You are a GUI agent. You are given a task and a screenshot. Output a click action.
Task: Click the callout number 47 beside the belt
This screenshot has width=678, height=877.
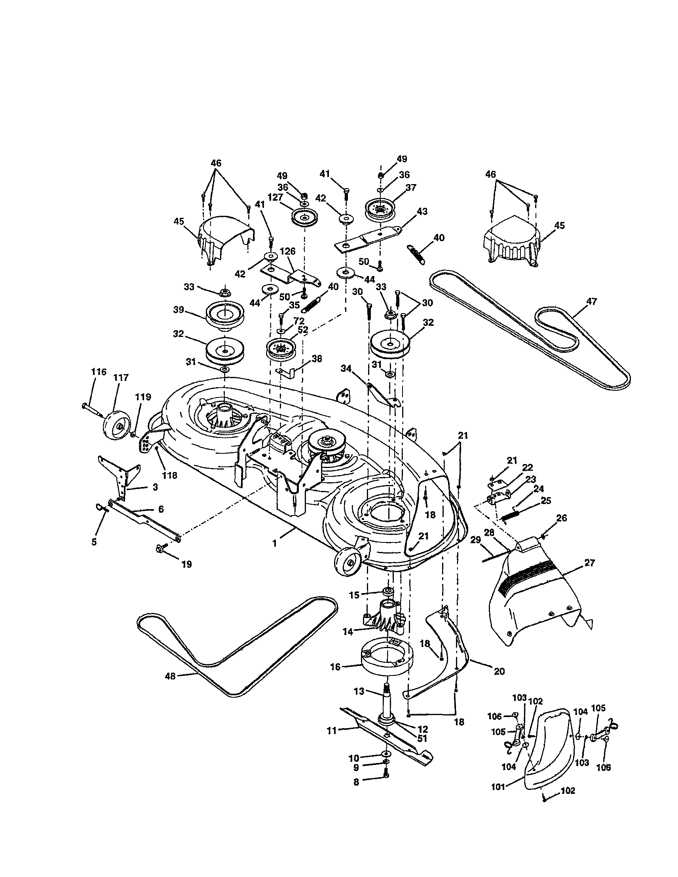point(592,301)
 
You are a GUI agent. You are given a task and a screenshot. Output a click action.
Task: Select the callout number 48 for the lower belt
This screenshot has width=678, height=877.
point(171,676)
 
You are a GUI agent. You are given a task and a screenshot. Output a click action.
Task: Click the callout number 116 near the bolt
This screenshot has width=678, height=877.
point(99,372)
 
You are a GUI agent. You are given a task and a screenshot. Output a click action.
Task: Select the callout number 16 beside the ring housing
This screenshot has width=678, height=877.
point(335,667)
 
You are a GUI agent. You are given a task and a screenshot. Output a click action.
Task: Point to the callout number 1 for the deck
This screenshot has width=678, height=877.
point(275,543)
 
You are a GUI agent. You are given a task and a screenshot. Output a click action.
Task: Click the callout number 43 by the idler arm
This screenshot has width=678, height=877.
point(422,211)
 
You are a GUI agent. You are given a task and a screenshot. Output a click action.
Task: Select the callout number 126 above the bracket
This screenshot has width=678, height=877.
point(287,251)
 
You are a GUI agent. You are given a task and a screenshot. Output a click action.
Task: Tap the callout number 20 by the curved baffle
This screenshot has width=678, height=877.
point(499,671)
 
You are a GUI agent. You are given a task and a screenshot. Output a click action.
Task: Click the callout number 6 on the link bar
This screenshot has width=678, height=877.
point(161,509)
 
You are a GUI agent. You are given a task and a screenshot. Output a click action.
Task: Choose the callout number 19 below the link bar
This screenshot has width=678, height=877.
point(186,564)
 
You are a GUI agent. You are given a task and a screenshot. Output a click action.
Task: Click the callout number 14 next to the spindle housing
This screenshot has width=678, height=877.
point(348,632)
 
